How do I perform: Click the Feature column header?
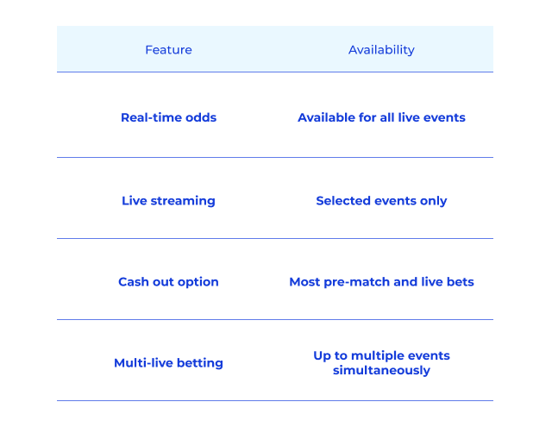[x=169, y=50]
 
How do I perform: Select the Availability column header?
[x=381, y=50]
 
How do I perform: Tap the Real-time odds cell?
[x=169, y=117]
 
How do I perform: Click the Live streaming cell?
[x=169, y=201]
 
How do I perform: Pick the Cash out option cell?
[x=169, y=282]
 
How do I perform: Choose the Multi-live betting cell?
[x=169, y=363]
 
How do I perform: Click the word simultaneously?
[x=381, y=370]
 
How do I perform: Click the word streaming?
[x=183, y=201]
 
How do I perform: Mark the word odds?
[x=201, y=117]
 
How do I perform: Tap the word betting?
[x=199, y=363]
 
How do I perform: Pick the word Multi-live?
[x=144, y=362]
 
